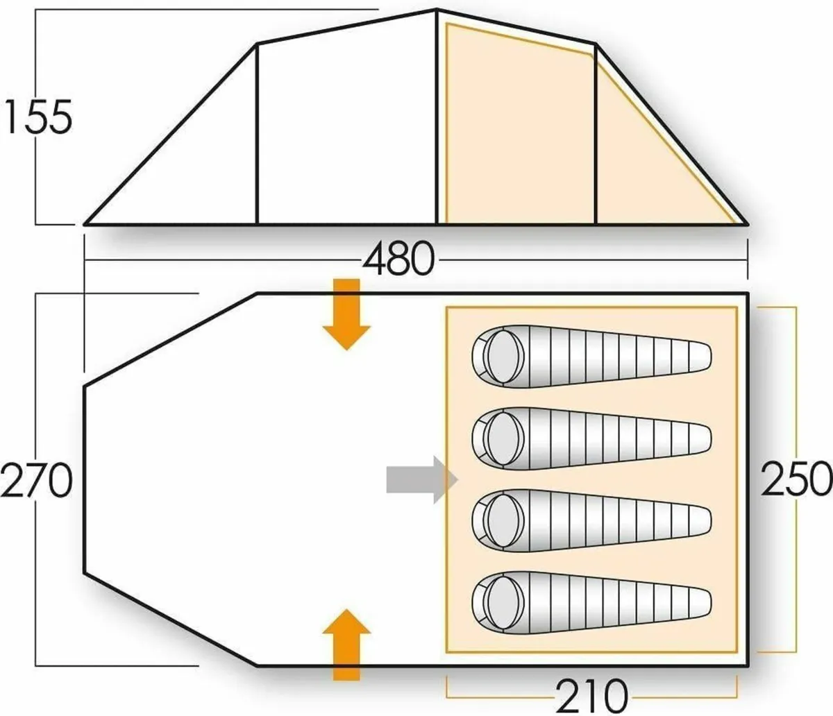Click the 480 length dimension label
[x=398, y=260]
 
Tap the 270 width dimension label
[x=36, y=481]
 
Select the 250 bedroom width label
[x=796, y=479]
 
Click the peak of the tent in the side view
[x=437, y=10]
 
